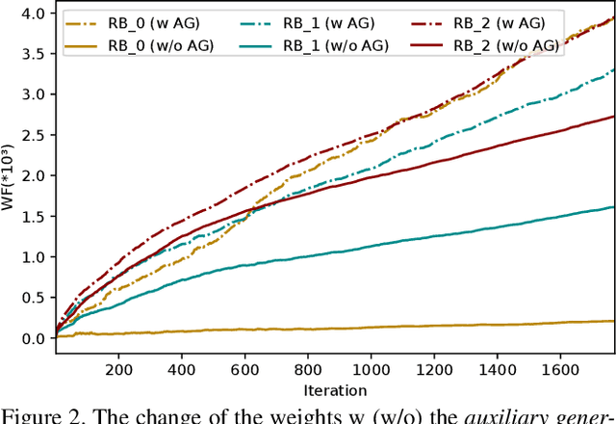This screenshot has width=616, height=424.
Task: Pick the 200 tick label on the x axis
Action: (118, 369)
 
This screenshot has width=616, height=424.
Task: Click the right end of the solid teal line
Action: (613, 207)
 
